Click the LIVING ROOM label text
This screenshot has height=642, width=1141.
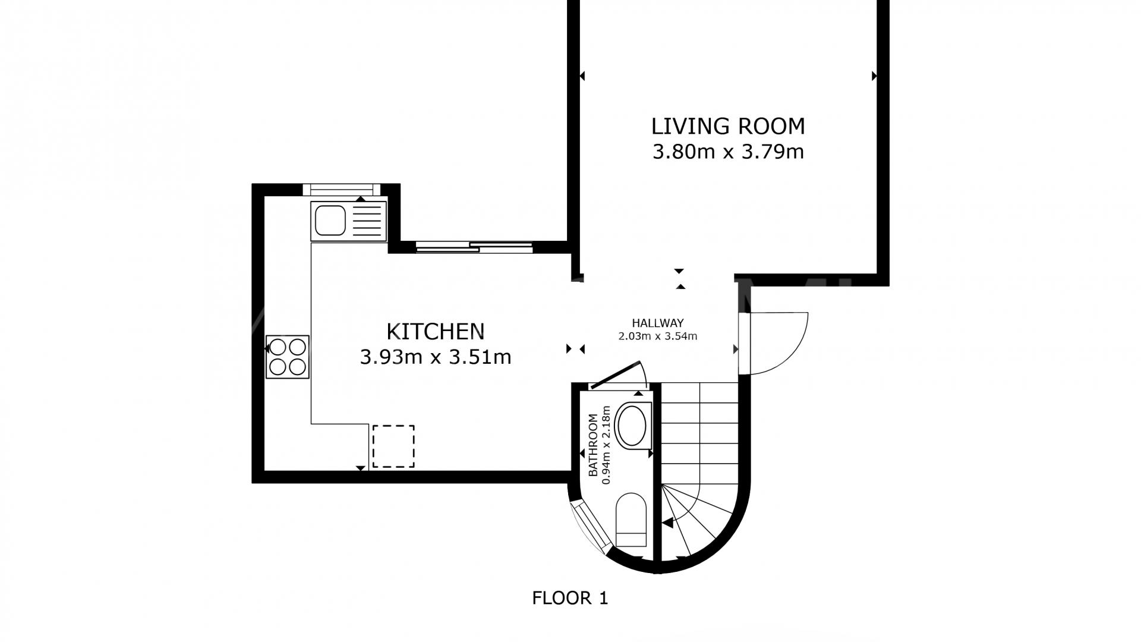[x=728, y=127]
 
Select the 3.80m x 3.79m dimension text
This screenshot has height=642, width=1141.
[x=728, y=152]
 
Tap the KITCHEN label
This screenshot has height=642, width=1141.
[x=436, y=331]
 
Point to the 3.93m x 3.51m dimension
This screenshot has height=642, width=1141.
[x=436, y=357]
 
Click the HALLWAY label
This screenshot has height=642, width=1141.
[x=657, y=323]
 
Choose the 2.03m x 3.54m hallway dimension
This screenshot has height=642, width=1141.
[x=657, y=336]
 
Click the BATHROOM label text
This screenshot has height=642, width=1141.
[x=592, y=446]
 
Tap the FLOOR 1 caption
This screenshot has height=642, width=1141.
[x=570, y=598]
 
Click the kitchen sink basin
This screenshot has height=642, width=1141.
[x=330, y=221]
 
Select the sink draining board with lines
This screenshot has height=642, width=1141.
[x=368, y=221]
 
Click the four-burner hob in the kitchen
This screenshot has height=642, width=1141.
[x=288, y=357]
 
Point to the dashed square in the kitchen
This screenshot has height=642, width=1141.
[x=393, y=446]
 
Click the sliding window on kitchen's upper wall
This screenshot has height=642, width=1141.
[x=474, y=247]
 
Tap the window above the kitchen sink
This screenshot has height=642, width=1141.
[x=341, y=190]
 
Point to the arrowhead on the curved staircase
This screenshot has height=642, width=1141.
[x=668, y=523]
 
